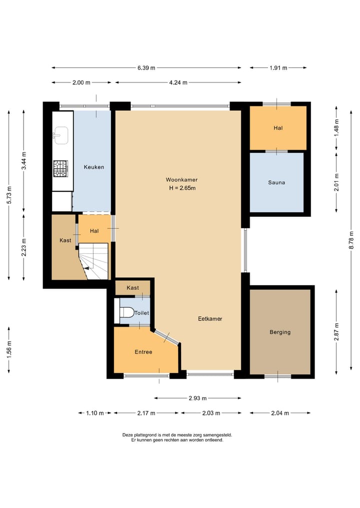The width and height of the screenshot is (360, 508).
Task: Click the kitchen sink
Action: click(60, 135)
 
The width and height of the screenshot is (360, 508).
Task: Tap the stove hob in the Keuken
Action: click(60, 169)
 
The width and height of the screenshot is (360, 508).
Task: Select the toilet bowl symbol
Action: click(127, 313)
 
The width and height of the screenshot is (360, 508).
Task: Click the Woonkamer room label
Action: click(181, 180)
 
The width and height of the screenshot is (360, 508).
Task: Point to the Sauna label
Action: click(276, 183)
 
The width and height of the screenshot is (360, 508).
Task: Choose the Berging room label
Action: click(280, 332)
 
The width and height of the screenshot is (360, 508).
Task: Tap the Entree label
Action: click(143, 352)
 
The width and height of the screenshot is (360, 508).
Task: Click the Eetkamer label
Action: click(210, 319)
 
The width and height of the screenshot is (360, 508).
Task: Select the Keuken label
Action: click(94, 167)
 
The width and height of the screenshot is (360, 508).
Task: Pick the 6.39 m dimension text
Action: click(146, 68)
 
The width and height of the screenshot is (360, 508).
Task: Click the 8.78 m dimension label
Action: click(351, 240)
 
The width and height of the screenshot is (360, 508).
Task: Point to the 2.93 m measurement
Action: click(198, 398)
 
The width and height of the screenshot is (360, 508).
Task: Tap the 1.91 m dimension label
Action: click(278, 68)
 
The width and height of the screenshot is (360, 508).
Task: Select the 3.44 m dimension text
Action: click(24, 160)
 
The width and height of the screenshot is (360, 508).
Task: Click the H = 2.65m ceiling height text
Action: click(182, 188)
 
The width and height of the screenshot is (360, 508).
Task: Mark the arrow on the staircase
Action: click(86, 268)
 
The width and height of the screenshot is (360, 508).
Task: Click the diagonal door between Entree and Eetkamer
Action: click(166, 337)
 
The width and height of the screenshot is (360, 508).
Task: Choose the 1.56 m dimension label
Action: click(9, 350)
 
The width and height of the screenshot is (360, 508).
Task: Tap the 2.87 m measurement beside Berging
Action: click(336, 332)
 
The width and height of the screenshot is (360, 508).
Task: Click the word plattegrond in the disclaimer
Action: click(144, 435)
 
